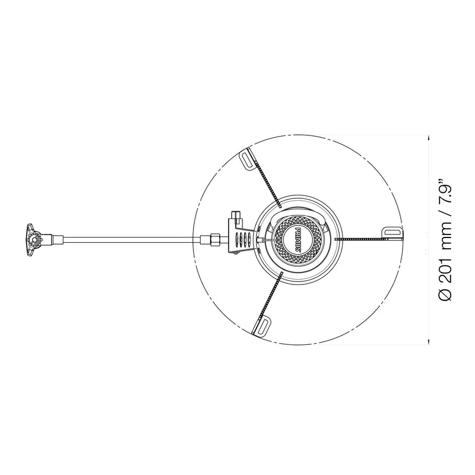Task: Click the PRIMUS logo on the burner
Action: pos(297,240)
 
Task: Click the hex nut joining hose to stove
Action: pos(215,240)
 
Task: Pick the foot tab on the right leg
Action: pos(394,233)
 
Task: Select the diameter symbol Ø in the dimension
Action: pos(445,294)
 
